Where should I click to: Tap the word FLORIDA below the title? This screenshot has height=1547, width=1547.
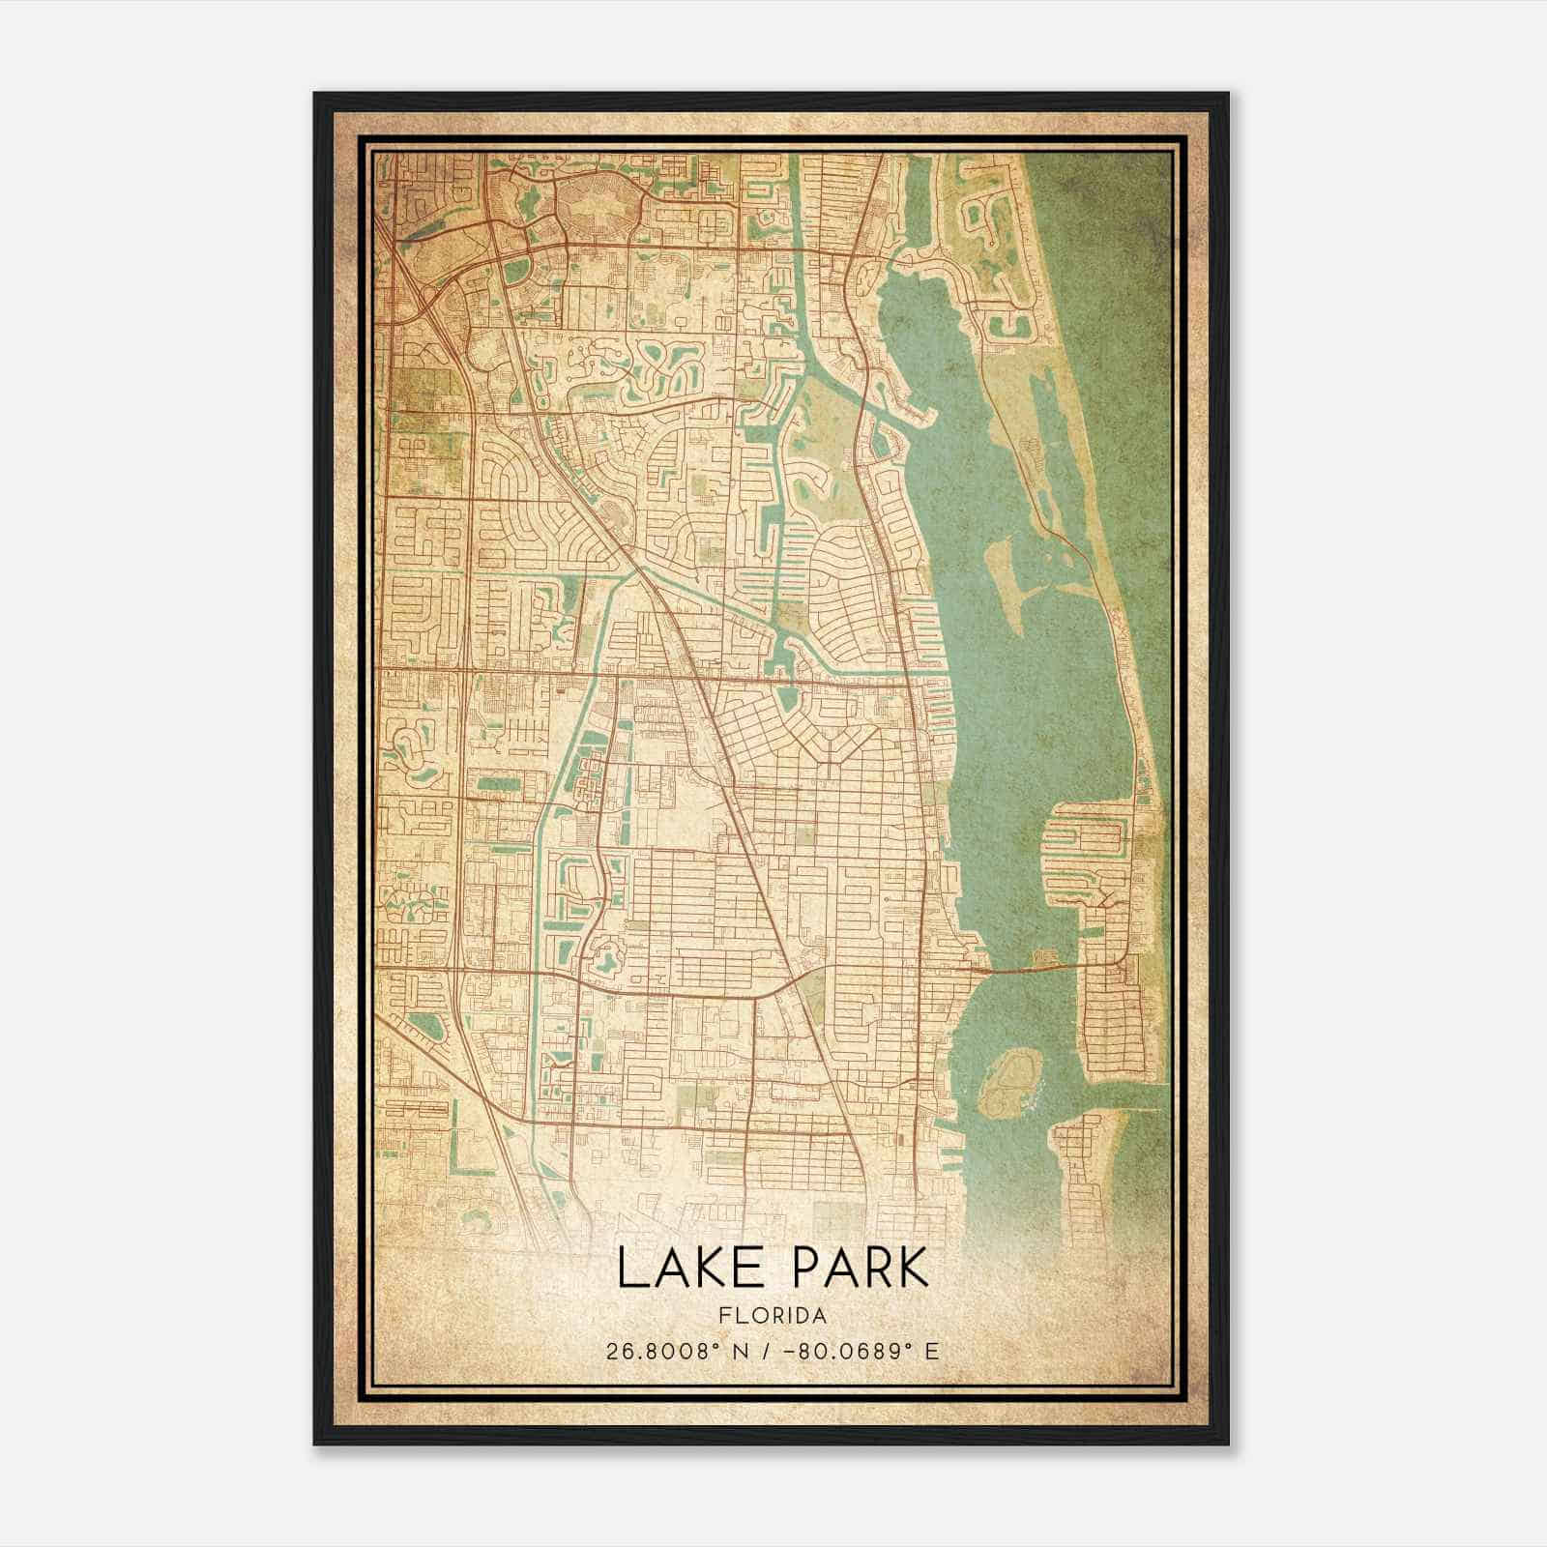tap(773, 1316)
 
